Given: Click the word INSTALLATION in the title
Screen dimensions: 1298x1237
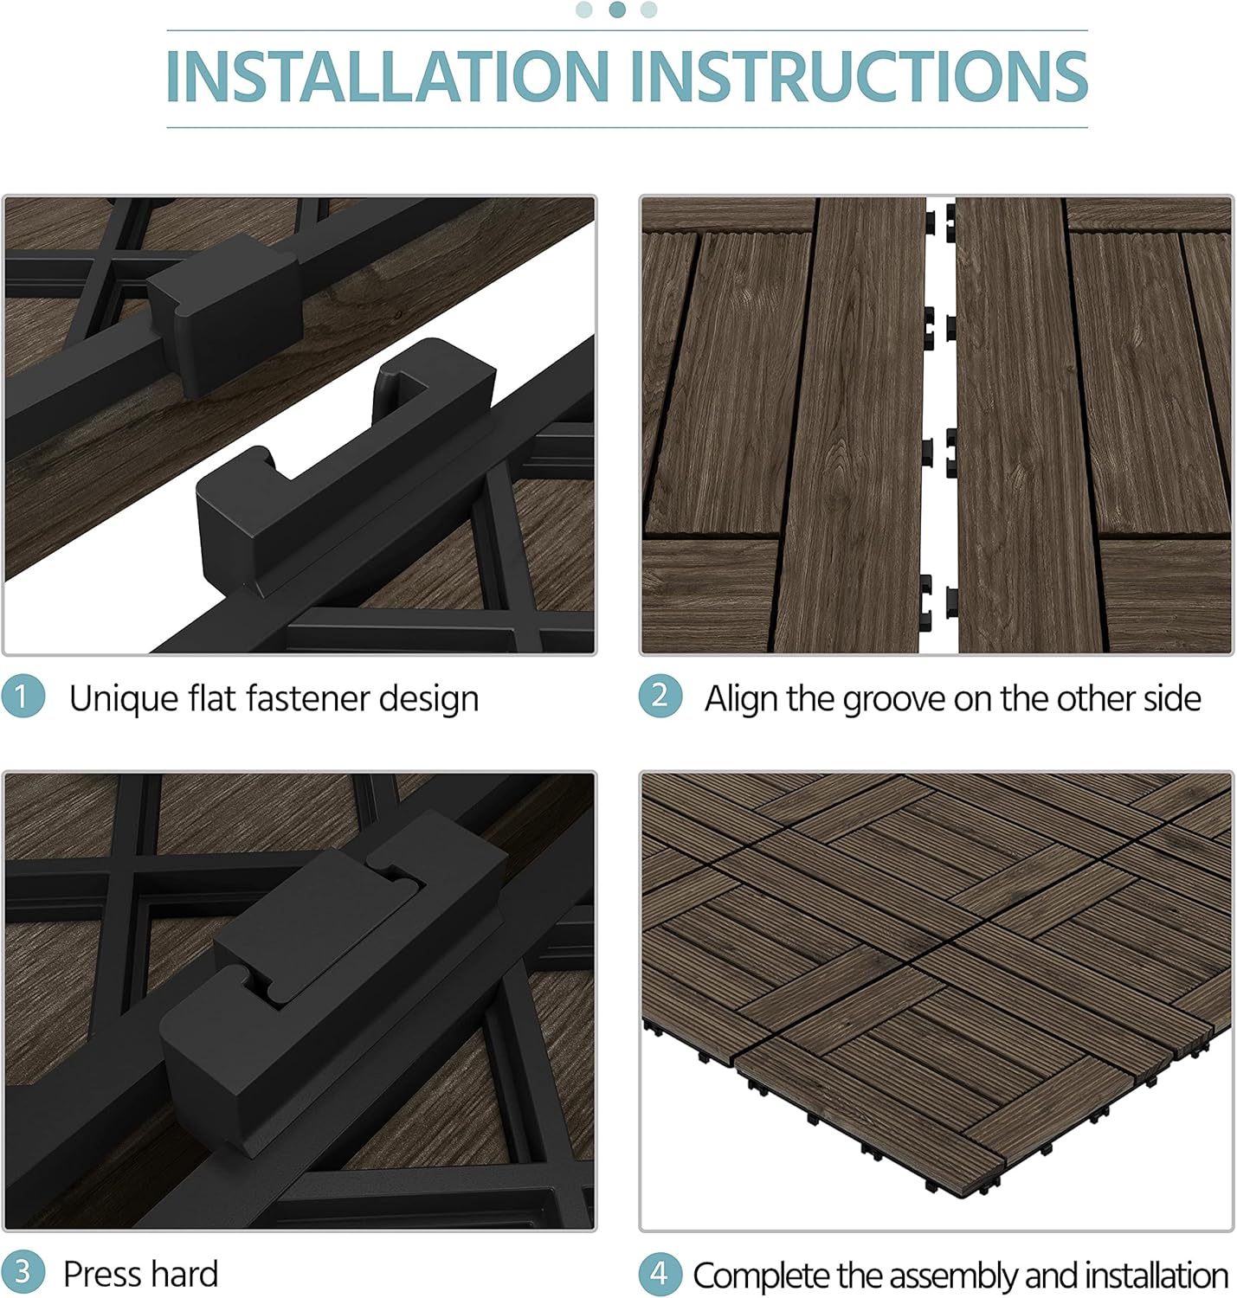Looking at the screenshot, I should coord(388,76).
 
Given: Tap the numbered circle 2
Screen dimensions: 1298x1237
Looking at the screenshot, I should coord(660,696).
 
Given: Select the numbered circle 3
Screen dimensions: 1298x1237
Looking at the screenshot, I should coord(23,1271).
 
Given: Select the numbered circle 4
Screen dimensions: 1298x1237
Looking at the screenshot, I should coord(660,1273).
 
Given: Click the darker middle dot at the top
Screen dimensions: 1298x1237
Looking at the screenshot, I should coord(617,10).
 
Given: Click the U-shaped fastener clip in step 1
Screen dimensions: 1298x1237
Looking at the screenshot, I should coord(346,467).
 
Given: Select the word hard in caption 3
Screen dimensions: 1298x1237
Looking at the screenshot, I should coord(184,1274).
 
